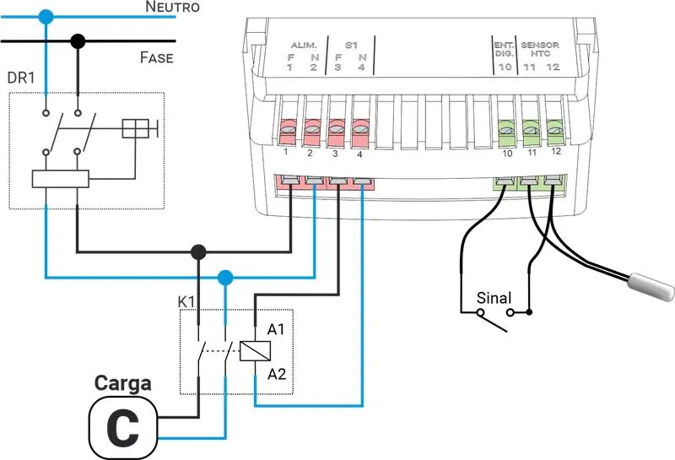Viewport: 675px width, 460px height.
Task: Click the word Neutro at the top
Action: pos(172,8)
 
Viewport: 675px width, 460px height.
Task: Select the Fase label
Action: pos(156,58)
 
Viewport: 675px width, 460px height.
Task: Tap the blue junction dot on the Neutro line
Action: pos(46,15)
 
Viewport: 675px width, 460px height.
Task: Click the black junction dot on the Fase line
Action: pos(78,40)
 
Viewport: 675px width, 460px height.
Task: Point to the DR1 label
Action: pos(20,78)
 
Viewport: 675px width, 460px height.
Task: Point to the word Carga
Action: pos(122,384)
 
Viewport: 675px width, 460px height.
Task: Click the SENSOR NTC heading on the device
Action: pos(541,48)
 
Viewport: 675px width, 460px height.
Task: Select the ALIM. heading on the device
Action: pos(302,44)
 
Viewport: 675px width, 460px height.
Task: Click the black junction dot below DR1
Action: pos(198,252)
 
